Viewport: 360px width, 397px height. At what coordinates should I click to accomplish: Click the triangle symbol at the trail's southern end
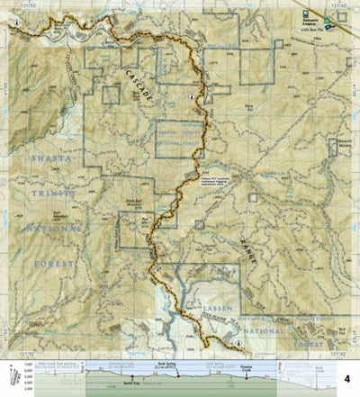point(237,344)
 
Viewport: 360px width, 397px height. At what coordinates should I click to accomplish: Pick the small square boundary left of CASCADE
point(111,94)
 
